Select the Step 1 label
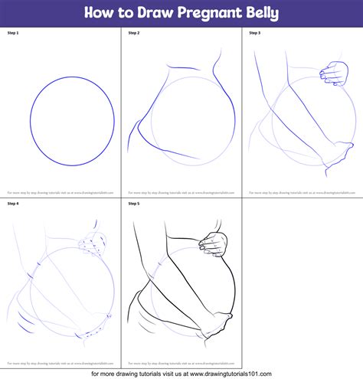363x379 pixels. click(x=14, y=34)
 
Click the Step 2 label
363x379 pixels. click(x=135, y=34)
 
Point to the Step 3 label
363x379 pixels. click(x=255, y=34)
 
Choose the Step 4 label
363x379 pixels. click(x=14, y=204)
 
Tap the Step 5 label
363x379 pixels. click(x=135, y=204)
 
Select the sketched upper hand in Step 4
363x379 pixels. click(x=95, y=243)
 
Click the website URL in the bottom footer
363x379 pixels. click(x=260, y=373)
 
